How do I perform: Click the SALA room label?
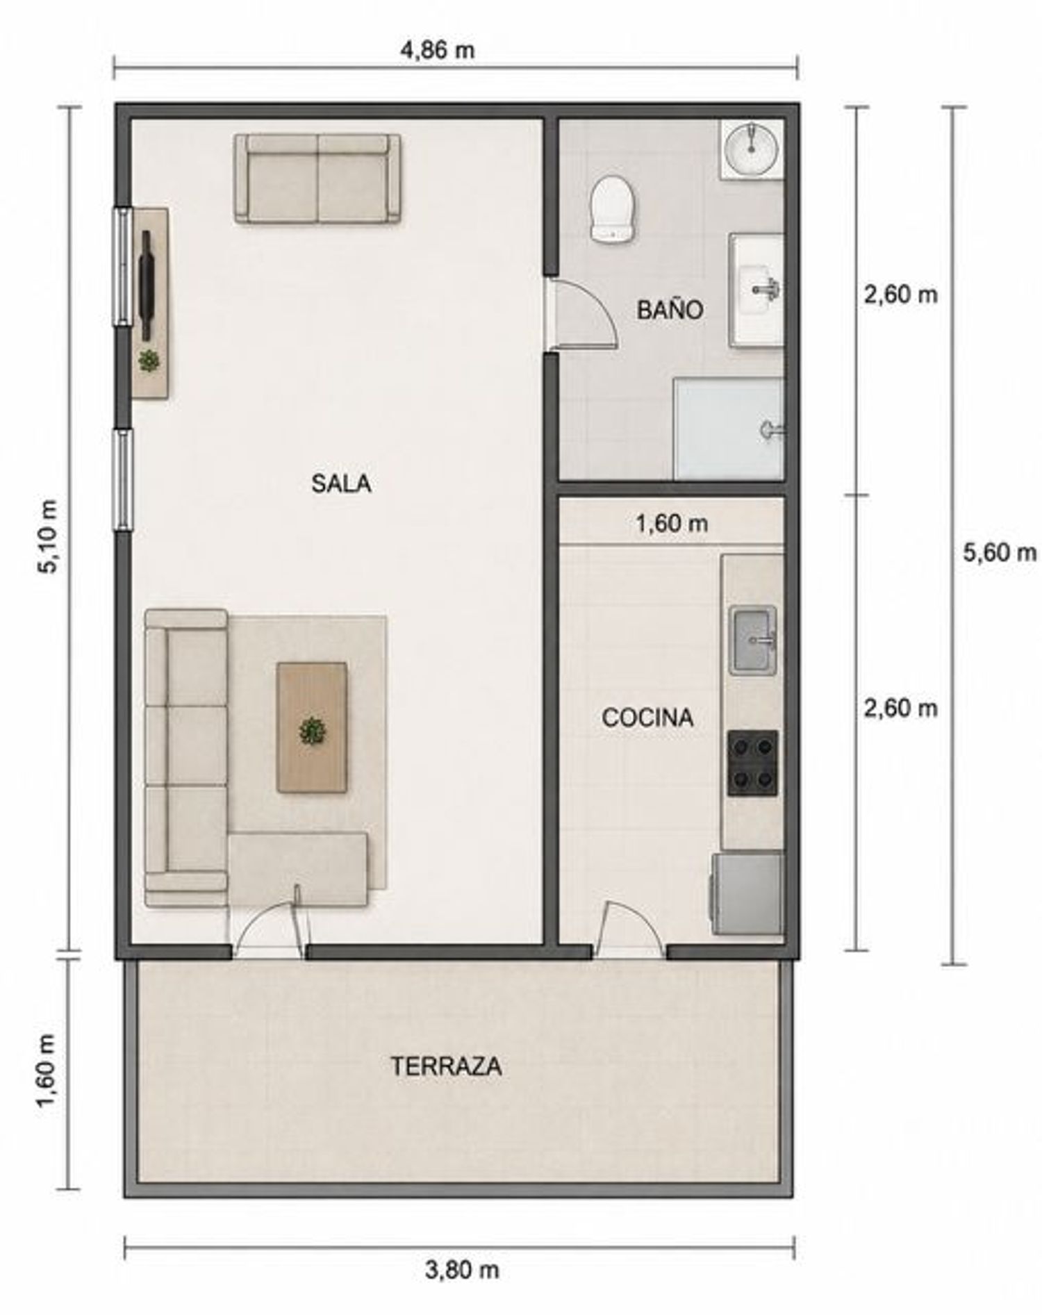click(340, 483)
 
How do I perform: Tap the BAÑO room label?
click(670, 310)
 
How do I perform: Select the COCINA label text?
click(647, 718)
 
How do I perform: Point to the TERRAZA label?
click(446, 1066)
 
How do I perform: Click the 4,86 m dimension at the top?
click(438, 50)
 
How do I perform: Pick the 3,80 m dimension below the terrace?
click(462, 1270)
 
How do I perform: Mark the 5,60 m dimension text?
click(999, 552)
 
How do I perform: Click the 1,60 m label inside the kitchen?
click(672, 523)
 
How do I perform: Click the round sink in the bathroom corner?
click(751, 148)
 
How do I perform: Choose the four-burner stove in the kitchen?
click(752, 763)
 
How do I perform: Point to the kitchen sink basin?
click(752, 640)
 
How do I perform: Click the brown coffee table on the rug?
click(312, 727)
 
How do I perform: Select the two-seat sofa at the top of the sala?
click(317, 179)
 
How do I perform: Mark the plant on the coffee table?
click(312, 731)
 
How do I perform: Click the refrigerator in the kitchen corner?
click(747, 893)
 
